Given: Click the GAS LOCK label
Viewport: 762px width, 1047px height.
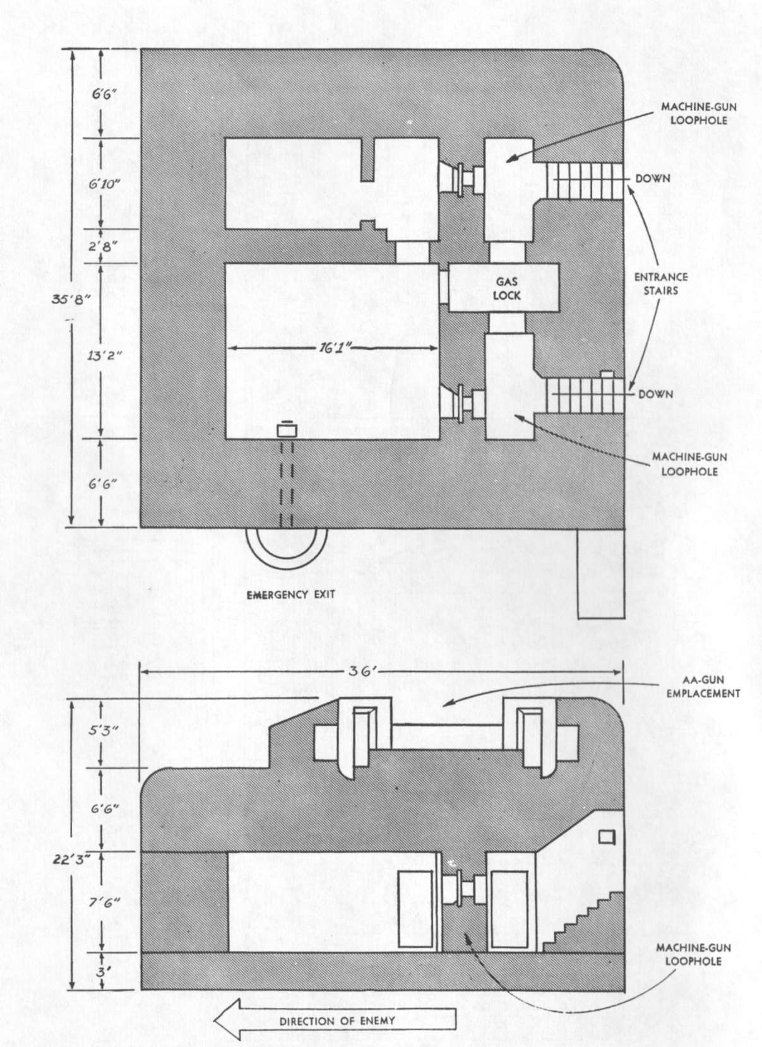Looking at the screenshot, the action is (507, 288).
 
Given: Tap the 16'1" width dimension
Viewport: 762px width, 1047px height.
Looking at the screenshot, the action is (334, 348).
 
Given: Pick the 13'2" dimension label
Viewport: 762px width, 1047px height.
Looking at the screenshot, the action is (104, 355).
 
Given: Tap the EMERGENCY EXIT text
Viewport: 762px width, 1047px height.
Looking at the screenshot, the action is (291, 594).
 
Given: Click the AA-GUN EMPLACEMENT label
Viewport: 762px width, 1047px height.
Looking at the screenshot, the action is (703, 687).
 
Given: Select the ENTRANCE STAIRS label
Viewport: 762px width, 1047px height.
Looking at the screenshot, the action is (660, 284).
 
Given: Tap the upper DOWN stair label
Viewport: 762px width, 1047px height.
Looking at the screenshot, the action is (653, 178).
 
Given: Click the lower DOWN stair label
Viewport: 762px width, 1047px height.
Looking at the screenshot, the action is (656, 394).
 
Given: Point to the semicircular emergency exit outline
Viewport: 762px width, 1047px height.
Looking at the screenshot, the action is (287, 558).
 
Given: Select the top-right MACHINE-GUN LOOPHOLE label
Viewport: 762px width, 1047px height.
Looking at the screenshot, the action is (698, 114).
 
